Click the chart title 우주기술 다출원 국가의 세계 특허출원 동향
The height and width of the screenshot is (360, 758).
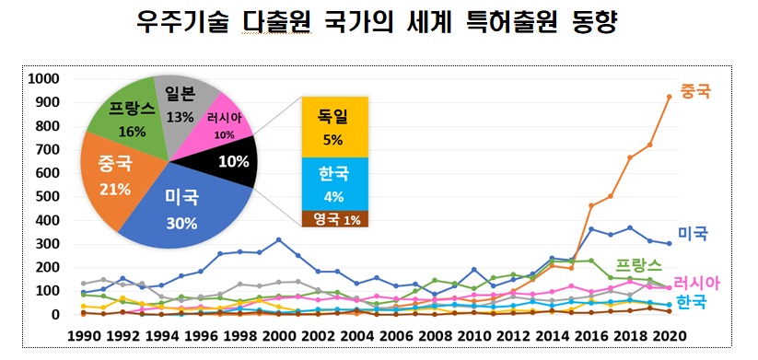coord(377,22)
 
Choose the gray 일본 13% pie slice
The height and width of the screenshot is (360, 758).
coord(180,105)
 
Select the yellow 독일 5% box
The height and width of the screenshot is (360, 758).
coord(332,127)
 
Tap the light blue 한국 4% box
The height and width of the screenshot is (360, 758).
coord(332,183)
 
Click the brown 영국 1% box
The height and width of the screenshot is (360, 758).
coord(332,219)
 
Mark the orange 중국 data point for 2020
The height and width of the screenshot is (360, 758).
coord(668,97)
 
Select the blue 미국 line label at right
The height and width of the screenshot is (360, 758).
coord(692,234)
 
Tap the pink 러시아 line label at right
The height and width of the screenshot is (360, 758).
coord(696,283)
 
